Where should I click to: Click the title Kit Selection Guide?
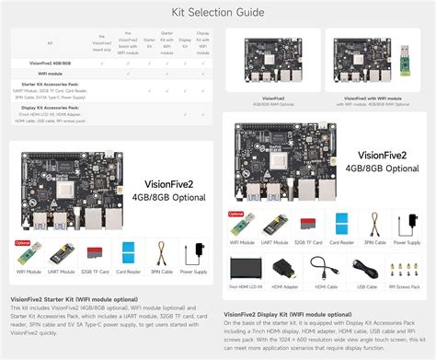pos(217,12)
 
